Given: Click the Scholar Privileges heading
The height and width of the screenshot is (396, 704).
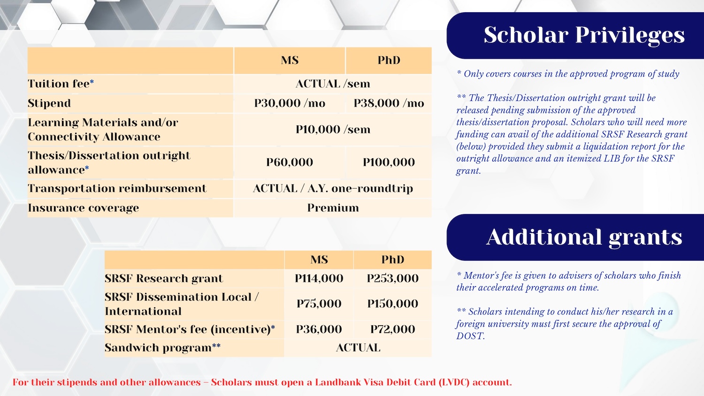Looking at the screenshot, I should tap(584, 35).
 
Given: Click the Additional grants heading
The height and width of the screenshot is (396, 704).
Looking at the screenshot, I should tap(584, 237).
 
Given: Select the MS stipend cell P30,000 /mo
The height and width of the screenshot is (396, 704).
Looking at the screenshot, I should tap(290, 103).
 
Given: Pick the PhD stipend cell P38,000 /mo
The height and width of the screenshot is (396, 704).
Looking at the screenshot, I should tap(389, 103).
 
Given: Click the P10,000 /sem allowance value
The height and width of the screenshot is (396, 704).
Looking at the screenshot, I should tap(333, 129).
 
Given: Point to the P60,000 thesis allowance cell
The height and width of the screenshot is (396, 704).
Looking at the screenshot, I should tap(290, 162).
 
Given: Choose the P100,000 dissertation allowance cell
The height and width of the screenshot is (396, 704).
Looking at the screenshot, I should tap(389, 162).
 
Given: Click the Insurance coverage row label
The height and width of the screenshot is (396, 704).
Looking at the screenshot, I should tap(83, 208).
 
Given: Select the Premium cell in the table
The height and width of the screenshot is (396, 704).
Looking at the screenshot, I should tap(333, 208).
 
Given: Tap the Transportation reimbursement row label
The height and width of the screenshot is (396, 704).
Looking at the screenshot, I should tap(117, 189).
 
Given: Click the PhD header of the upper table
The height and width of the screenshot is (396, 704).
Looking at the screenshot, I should tap(389, 61).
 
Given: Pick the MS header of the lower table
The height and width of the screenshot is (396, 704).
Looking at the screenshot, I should tap(319, 259).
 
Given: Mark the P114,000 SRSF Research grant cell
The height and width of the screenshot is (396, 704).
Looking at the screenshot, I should tap(319, 278).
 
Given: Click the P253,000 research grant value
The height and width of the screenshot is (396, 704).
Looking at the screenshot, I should tap(392, 278).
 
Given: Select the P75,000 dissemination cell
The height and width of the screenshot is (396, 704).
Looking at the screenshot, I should tap(319, 304).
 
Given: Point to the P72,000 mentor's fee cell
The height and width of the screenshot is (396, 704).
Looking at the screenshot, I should tap(392, 329).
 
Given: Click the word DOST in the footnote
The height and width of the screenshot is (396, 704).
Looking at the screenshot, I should tap(470, 336).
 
